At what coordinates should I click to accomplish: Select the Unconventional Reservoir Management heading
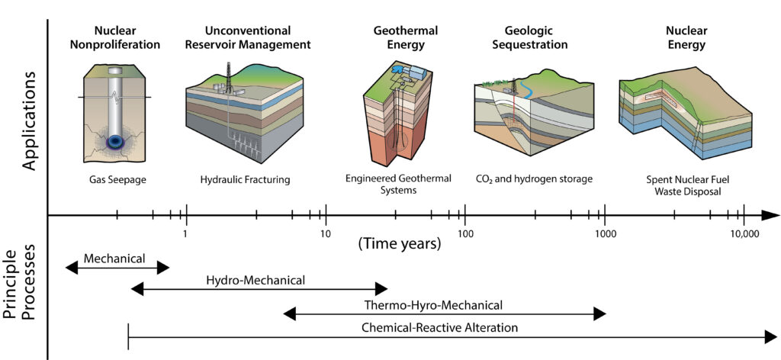click(x=248, y=38)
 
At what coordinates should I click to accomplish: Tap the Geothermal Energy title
click(x=406, y=38)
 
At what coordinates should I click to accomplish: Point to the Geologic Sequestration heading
click(x=529, y=38)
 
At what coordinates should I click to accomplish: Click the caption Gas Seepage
click(x=114, y=179)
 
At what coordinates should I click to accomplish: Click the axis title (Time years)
click(x=400, y=244)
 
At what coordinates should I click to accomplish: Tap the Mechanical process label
click(x=114, y=259)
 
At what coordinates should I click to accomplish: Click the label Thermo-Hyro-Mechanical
click(x=433, y=304)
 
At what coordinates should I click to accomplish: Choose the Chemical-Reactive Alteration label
click(x=440, y=328)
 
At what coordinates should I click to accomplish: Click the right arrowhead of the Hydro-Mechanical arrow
click(x=381, y=288)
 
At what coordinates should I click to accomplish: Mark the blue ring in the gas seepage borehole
click(x=116, y=143)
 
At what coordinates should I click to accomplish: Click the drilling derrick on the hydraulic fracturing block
click(x=229, y=78)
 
